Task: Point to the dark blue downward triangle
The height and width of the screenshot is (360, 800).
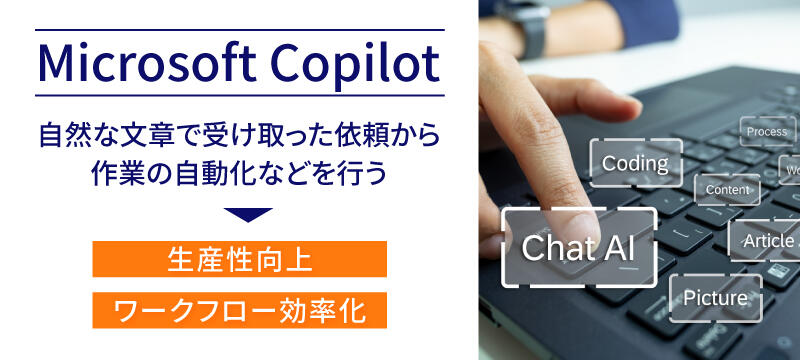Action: (x=247, y=214)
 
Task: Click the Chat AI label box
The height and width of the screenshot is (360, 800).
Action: (x=578, y=247)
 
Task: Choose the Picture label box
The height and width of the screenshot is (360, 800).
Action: (x=715, y=298)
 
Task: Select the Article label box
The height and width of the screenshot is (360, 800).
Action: (x=764, y=241)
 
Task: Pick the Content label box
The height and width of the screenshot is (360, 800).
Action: (x=727, y=189)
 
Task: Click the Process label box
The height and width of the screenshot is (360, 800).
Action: (x=767, y=131)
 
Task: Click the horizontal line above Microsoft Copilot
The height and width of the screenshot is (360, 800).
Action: (x=239, y=31)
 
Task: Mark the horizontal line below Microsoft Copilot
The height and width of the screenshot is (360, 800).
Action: (x=239, y=96)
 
